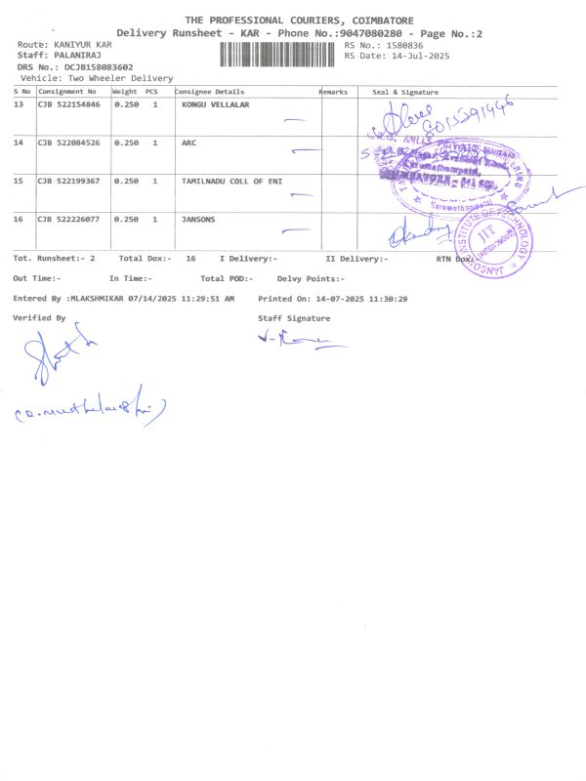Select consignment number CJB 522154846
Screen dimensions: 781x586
coord(68,103)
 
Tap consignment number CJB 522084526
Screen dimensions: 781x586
coord(68,143)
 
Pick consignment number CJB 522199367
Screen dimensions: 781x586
coord(68,181)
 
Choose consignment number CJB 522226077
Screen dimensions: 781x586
coord(68,219)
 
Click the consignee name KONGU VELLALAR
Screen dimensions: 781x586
coord(215,103)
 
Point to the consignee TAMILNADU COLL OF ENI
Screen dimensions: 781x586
coord(231,181)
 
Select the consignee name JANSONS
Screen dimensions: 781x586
coord(198,219)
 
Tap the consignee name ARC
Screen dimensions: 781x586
coord(189,143)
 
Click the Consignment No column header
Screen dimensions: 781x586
coord(67,92)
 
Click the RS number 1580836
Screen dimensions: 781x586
coord(403,45)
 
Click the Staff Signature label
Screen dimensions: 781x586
coord(294,318)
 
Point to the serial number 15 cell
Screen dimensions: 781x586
coord(19,181)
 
